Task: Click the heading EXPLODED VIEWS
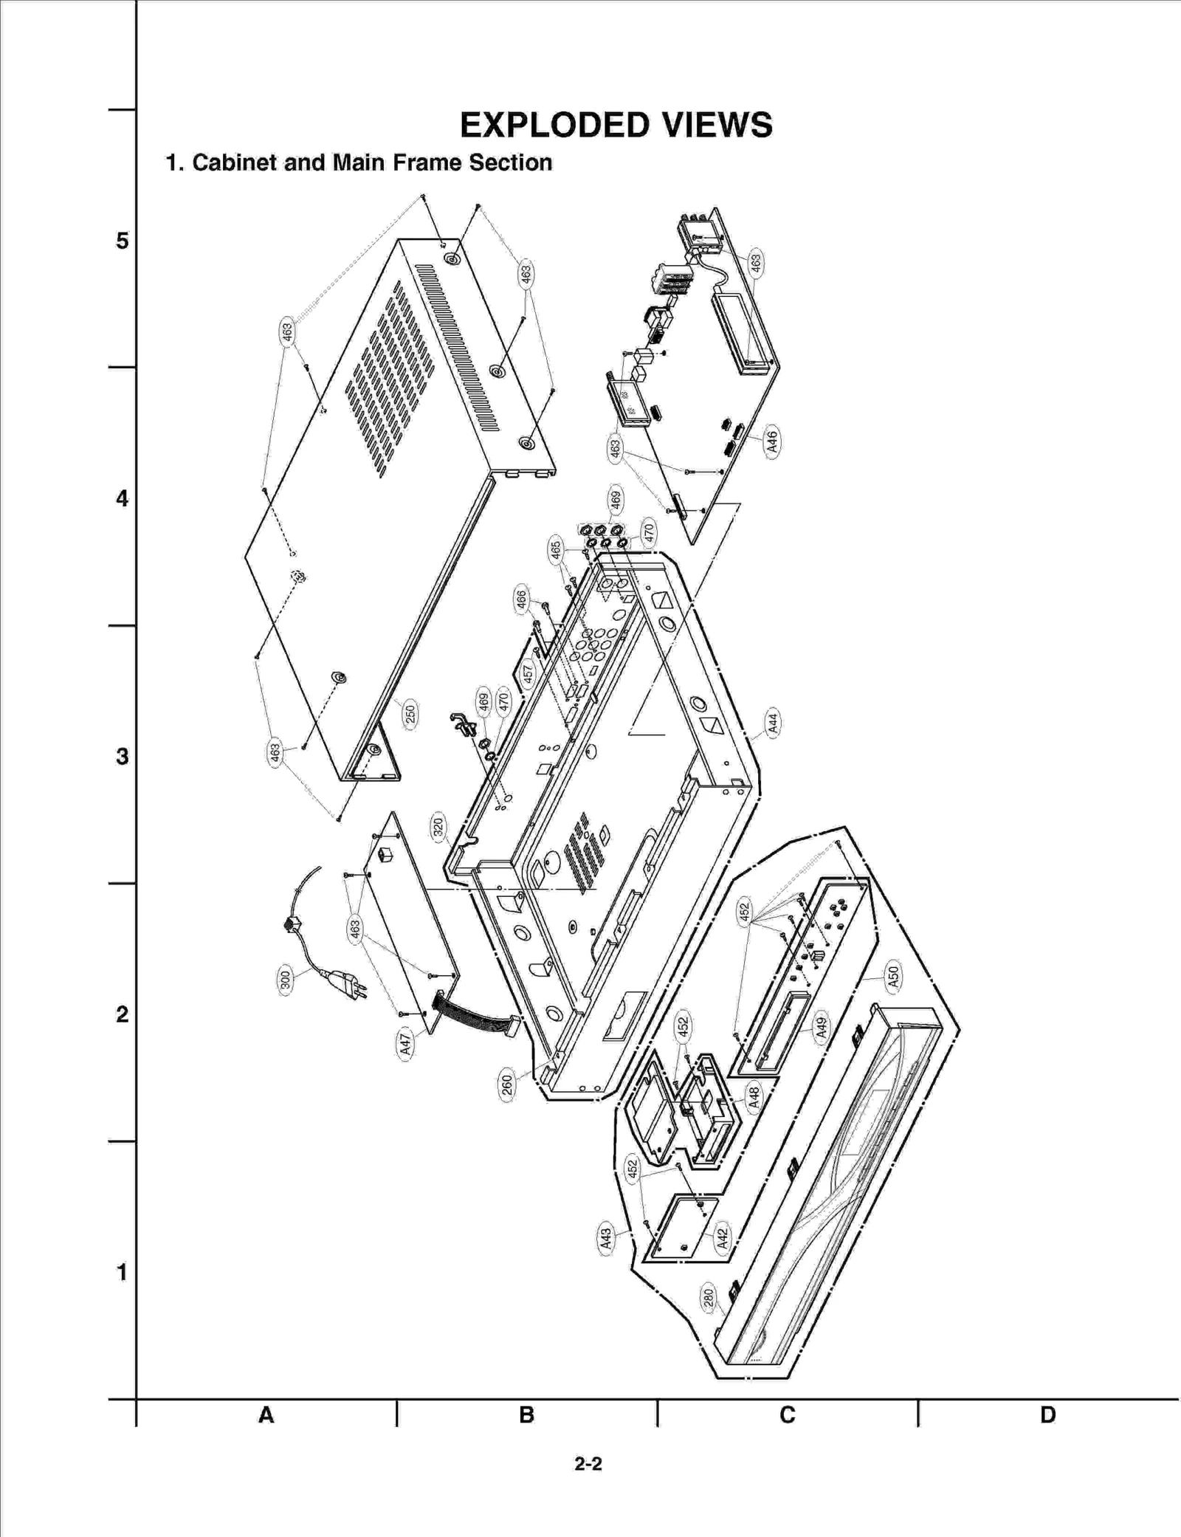[x=616, y=125]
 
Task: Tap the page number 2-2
[x=588, y=1463]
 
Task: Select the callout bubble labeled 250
[x=410, y=713]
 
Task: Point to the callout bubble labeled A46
[x=772, y=441]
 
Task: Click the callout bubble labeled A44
[x=772, y=721]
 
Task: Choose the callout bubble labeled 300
[x=286, y=980]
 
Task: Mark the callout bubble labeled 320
[x=438, y=828]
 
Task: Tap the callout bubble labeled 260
[x=506, y=1084]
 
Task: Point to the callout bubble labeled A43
[x=605, y=1238]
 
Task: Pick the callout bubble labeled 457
[x=528, y=673]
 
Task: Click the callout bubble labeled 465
[x=556, y=550]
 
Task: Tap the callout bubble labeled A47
[x=404, y=1044]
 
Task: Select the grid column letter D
[x=1047, y=1415]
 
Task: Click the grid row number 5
[x=122, y=241]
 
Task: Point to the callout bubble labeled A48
[x=754, y=1097]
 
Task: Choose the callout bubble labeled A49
[x=822, y=1027]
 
